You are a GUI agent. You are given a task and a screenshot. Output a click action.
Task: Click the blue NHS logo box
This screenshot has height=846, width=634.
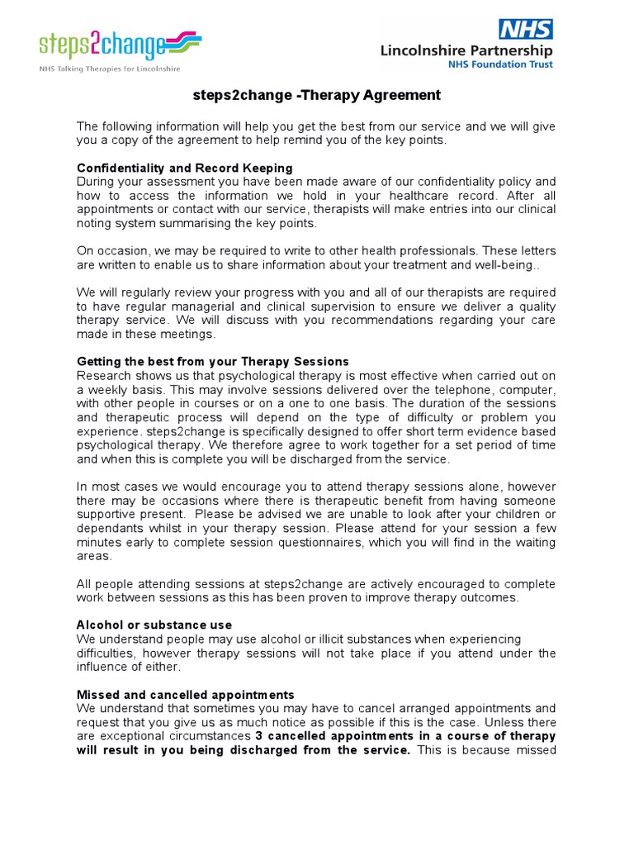[525, 30]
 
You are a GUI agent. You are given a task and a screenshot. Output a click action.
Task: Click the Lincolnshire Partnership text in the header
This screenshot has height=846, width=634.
[466, 50]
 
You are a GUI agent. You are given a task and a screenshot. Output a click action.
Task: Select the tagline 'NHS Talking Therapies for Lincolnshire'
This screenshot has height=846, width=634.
[109, 69]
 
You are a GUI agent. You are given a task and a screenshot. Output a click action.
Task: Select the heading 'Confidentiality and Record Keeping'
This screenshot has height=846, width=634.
[184, 168]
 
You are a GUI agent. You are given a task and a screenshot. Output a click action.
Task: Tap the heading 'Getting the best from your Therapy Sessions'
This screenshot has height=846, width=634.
[213, 362]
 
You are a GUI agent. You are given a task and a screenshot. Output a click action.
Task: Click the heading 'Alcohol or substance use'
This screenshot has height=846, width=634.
[154, 625]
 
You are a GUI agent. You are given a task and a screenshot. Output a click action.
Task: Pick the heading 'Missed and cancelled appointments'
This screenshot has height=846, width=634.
[185, 695]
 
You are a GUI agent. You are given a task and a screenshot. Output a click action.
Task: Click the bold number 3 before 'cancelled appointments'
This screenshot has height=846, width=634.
[258, 736]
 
